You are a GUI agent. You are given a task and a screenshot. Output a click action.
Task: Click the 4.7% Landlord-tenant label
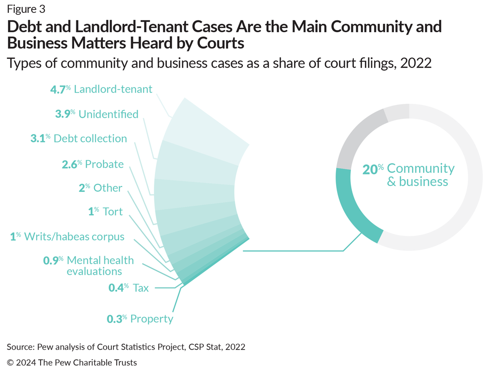101,90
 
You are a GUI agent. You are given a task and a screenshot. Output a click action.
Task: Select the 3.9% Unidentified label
97,114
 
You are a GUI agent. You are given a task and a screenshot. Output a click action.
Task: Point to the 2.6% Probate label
93,164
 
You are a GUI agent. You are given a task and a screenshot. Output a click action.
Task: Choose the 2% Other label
100,188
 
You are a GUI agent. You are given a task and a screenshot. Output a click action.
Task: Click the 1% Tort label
105,212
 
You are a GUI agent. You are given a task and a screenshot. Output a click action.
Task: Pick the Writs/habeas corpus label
67,236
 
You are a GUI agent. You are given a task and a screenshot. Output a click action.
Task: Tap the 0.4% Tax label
129,287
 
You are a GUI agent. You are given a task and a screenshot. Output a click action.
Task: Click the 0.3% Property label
140,319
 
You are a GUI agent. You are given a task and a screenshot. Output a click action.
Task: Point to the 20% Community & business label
409,175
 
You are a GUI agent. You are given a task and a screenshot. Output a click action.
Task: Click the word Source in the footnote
21,347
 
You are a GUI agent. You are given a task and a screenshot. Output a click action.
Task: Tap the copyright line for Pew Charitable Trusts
72,363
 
